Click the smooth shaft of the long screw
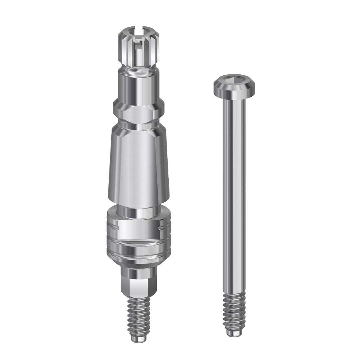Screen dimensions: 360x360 234,193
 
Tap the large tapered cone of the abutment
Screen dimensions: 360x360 139,167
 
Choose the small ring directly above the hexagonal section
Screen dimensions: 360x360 139,272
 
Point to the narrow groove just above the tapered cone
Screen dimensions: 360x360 139,125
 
